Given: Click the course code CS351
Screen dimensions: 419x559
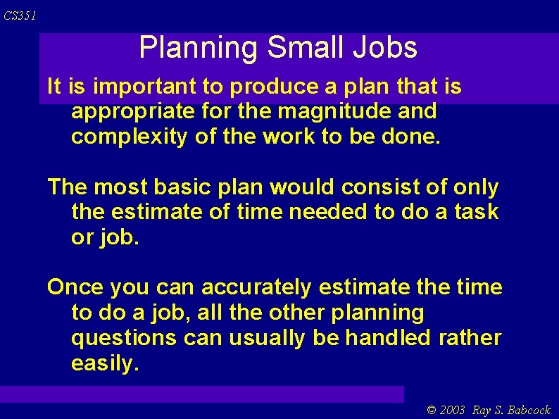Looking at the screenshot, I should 20,16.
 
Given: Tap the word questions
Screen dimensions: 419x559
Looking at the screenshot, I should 124,338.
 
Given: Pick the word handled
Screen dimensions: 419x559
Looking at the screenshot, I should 388,338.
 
